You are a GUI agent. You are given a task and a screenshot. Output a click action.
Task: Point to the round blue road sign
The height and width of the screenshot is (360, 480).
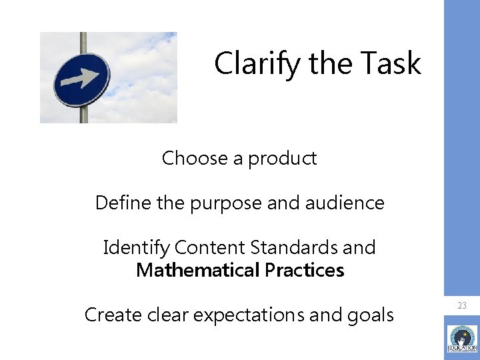(x=81, y=79)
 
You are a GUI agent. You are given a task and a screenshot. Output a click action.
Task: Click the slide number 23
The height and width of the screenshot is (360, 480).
(x=462, y=305)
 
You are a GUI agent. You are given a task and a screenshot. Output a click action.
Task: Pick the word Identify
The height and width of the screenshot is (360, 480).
(x=136, y=248)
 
